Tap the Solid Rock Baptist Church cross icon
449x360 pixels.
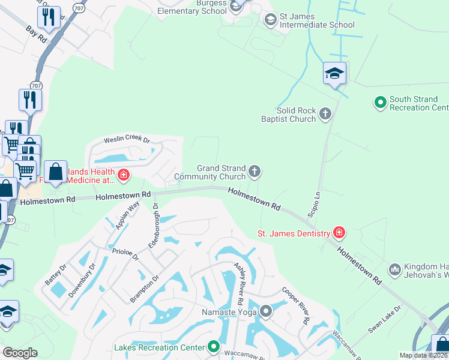coord(325,114)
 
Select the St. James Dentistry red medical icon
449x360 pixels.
coord(339,233)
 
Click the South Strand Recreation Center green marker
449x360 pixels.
coord(380,103)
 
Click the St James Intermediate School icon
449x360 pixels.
coord(270,20)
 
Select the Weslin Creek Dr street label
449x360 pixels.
coord(126,140)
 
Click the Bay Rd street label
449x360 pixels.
coord(36,34)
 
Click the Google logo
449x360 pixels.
coord(20,353)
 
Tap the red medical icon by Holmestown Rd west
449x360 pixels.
coord(124,176)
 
